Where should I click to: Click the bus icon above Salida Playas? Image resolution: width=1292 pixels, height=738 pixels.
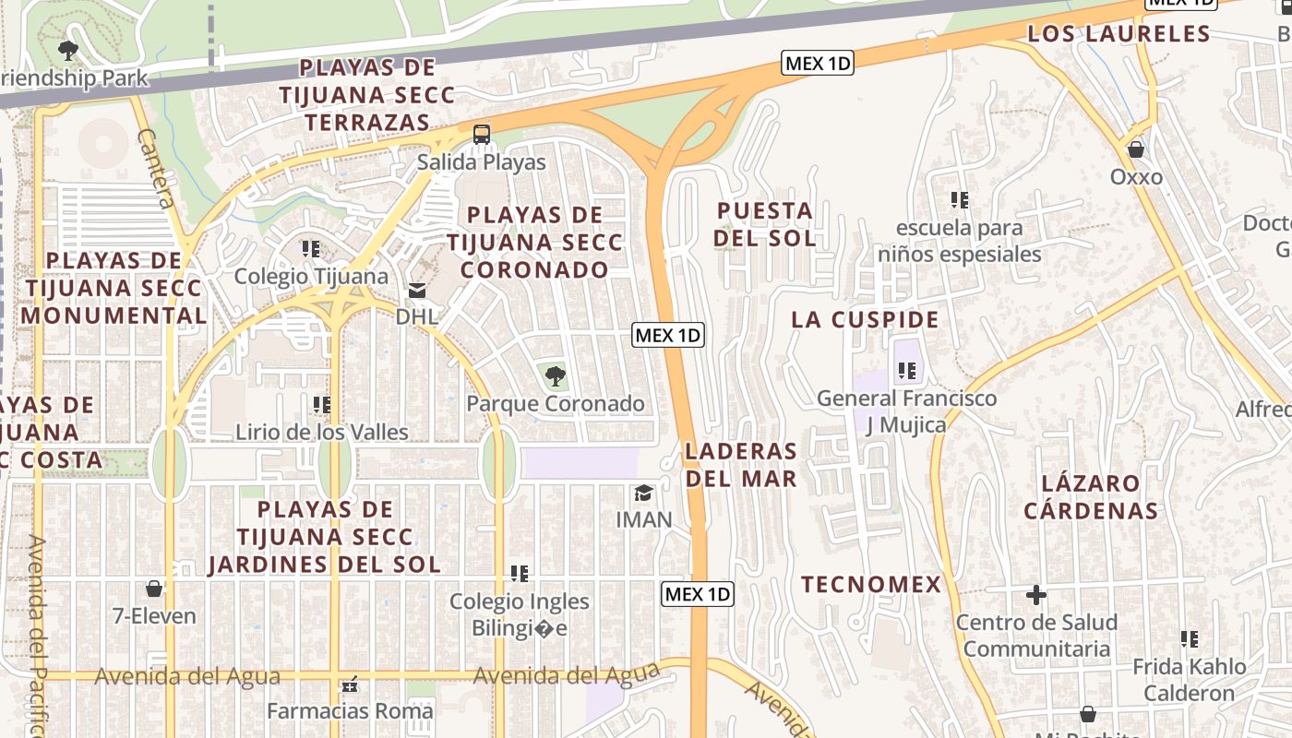tap(481, 135)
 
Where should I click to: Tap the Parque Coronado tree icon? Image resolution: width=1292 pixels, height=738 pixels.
tap(555, 375)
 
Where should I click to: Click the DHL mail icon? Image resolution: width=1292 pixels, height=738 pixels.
tap(417, 291)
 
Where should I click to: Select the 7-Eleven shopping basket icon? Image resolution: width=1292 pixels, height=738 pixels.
tap(154, 589)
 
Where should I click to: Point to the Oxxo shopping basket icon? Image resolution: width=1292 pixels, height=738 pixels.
tap(1136, 149)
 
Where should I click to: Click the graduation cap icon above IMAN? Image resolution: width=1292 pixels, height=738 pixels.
tap(643, 493)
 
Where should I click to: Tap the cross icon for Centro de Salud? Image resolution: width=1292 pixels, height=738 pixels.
tap(1035, 595)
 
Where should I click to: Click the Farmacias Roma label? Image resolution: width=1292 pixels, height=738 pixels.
tap(350, 711)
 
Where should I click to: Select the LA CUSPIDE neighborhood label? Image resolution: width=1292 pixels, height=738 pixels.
tap(865, 320)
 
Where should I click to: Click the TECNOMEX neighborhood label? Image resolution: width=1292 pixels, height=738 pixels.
tap(871, 584)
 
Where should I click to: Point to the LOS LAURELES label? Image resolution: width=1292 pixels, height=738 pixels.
tap(1119, 34)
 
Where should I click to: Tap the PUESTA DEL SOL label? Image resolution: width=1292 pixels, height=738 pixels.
tap(765, 224)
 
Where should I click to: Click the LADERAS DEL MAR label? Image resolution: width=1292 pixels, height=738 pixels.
tap(740, 464)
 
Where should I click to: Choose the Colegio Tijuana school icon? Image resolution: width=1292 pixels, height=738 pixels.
tap(311, 249)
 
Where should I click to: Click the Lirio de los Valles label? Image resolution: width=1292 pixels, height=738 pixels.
tap(321, 432)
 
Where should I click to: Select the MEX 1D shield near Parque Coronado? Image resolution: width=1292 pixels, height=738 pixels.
tap(668, 335)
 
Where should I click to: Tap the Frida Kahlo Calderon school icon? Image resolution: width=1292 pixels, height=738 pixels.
tap(1190, 638)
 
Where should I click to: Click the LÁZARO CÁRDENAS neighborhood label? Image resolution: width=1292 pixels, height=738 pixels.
tap(1090, 496)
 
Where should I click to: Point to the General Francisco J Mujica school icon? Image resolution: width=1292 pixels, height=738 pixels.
tap(906, 371)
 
